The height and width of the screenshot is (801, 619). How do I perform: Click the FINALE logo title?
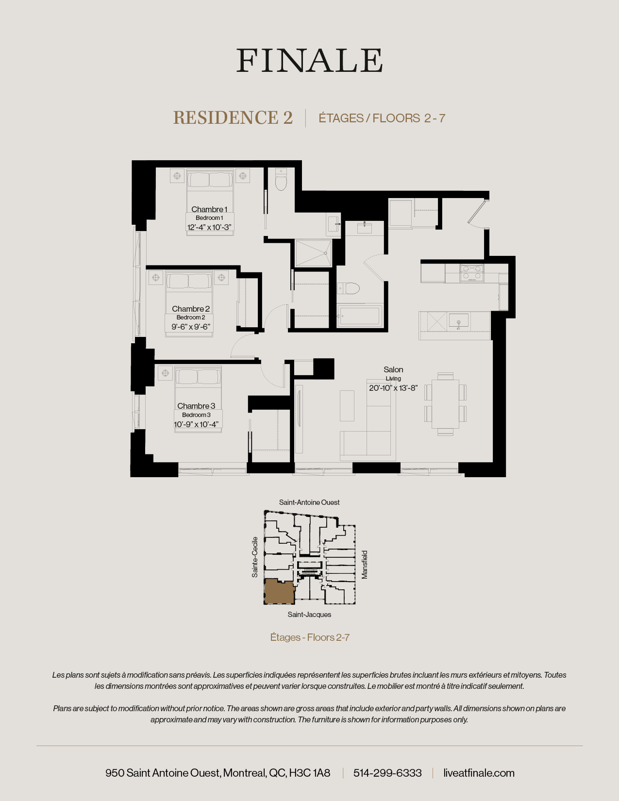click(309, 61)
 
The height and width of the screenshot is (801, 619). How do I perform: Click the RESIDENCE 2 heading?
click(233, 118)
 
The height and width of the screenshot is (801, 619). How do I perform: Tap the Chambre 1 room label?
click(209, 209)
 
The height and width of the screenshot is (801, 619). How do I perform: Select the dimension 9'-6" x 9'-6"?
click(191, 327)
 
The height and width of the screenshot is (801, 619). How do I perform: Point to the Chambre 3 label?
click(196, 406)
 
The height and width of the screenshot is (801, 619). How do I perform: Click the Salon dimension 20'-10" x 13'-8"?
click(393, 388)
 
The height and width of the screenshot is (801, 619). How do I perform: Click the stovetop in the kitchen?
click(472, 273)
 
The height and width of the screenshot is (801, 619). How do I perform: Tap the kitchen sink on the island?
click(458, 321)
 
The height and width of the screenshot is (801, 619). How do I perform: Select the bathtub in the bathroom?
click(360, 316)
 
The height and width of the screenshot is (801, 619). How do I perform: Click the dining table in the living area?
click(445, 403)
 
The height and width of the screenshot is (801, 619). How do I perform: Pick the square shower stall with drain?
click(313, 253)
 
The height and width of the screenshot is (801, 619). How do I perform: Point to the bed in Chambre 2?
click(189, 296)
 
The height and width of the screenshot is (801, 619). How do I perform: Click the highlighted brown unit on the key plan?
click(279, 592)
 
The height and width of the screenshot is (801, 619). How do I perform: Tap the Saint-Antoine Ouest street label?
click(309, 502)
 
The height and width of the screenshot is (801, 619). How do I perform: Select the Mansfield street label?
click(365, 565)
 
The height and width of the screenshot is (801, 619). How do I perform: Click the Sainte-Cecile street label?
click(255, 557)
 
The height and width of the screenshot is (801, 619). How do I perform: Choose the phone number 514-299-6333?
click(387, 773)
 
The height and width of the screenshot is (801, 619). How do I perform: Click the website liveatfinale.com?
click(479, 773)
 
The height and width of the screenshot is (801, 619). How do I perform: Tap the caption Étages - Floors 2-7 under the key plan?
click(310, 637)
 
